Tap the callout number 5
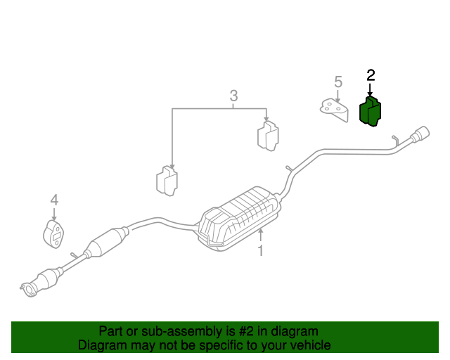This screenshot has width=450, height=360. [x=338, y=82]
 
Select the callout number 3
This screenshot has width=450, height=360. [x=233, y=96]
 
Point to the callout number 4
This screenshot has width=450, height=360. [x=54, y=201]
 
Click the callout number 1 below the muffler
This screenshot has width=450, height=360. [x=260, y=250]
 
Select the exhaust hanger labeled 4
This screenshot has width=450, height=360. [x=53, y=234]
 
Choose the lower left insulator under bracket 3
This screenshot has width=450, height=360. [x=166, y=181]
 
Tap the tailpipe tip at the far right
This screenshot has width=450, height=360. [x=422, y=133]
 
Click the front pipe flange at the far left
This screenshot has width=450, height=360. [x=29, y=288]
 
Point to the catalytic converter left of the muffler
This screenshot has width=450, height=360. [x=105, y=242]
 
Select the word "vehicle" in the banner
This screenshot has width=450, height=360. [x=309, y=345]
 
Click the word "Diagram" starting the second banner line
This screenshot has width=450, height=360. [x=100, y=345]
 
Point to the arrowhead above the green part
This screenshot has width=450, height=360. [x=370, y=94]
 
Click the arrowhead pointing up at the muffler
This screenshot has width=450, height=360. [x=260, y=231]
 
